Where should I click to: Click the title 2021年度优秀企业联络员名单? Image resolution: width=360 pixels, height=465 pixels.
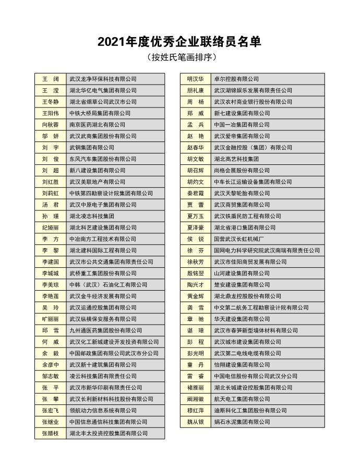179,42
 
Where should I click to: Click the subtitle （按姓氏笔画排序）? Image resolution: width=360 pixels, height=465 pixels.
180,57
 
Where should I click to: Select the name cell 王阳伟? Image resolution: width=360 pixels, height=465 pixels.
50,113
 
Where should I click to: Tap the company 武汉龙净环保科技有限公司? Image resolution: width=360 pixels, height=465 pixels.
103,79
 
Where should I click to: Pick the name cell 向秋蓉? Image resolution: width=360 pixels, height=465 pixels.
50,125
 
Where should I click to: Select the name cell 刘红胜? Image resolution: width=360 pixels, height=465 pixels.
50,182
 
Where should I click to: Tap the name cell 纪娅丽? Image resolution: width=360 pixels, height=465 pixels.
50,228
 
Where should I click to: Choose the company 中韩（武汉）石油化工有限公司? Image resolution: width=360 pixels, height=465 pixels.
109,285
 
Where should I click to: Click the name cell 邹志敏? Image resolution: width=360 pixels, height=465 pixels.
50,376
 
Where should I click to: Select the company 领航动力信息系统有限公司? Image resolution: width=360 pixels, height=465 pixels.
103,411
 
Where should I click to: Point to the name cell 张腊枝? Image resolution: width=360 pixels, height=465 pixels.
50,434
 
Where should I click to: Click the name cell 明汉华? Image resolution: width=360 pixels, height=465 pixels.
195,79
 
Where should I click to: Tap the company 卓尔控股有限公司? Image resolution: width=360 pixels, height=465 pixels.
236,79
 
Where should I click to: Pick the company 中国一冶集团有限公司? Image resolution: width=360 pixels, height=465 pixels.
242,125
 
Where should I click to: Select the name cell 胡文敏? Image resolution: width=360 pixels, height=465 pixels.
195,159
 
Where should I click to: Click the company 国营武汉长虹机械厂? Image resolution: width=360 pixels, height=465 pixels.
242,239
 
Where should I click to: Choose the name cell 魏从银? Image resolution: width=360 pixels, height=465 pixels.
195,422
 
